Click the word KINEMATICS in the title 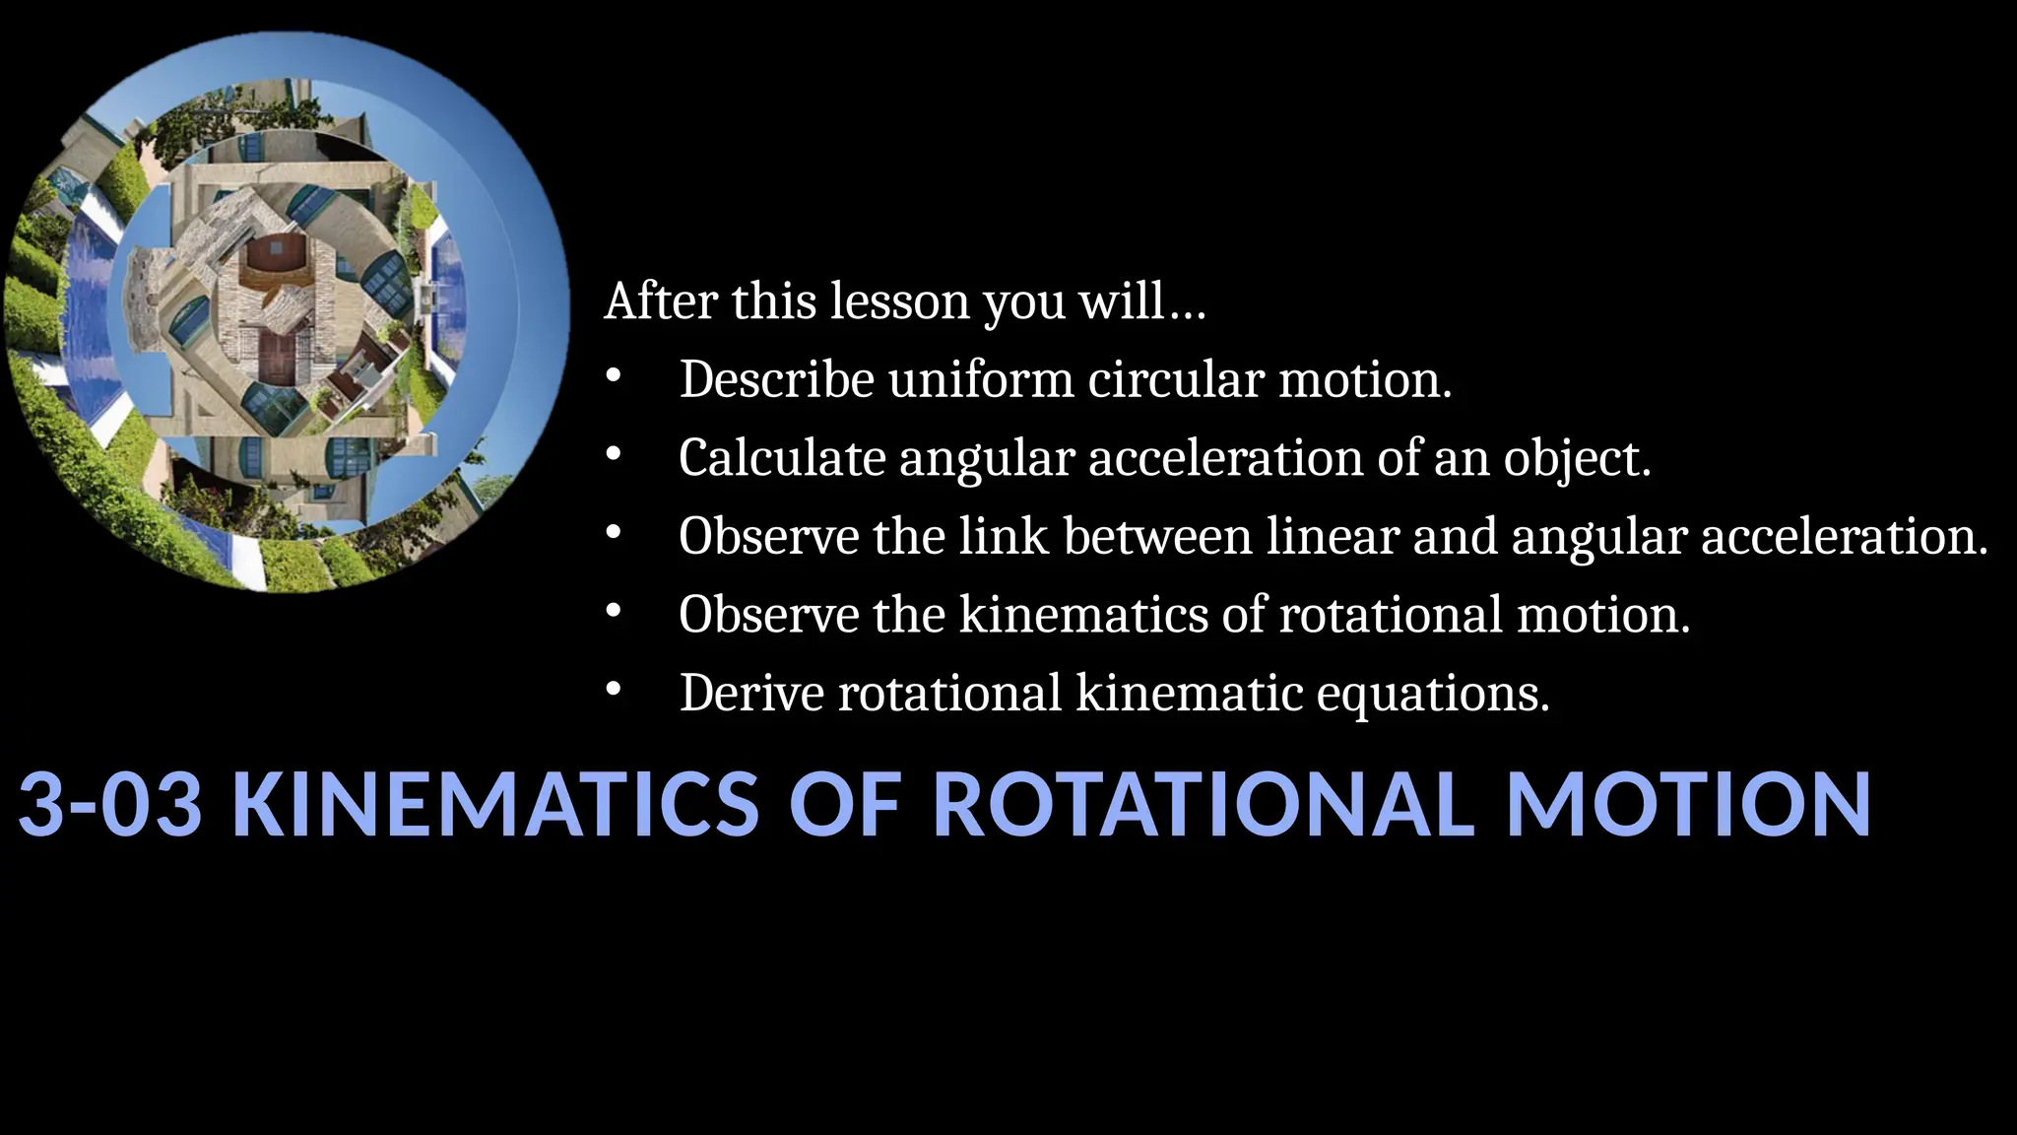(x=495, y=804)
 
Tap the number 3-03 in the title (x=110, y=804)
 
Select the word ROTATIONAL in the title (x=1203, y=804)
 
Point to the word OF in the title (x=845, y=804)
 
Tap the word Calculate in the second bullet (x=782, y=458)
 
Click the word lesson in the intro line (x=899, y=300)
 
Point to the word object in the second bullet (x=1576, y=460)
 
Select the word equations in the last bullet (x=1433, y=695)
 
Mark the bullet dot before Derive (x=614, y=692)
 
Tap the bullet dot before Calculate (x=614, y=456)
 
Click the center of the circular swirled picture (x=287, y=312)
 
